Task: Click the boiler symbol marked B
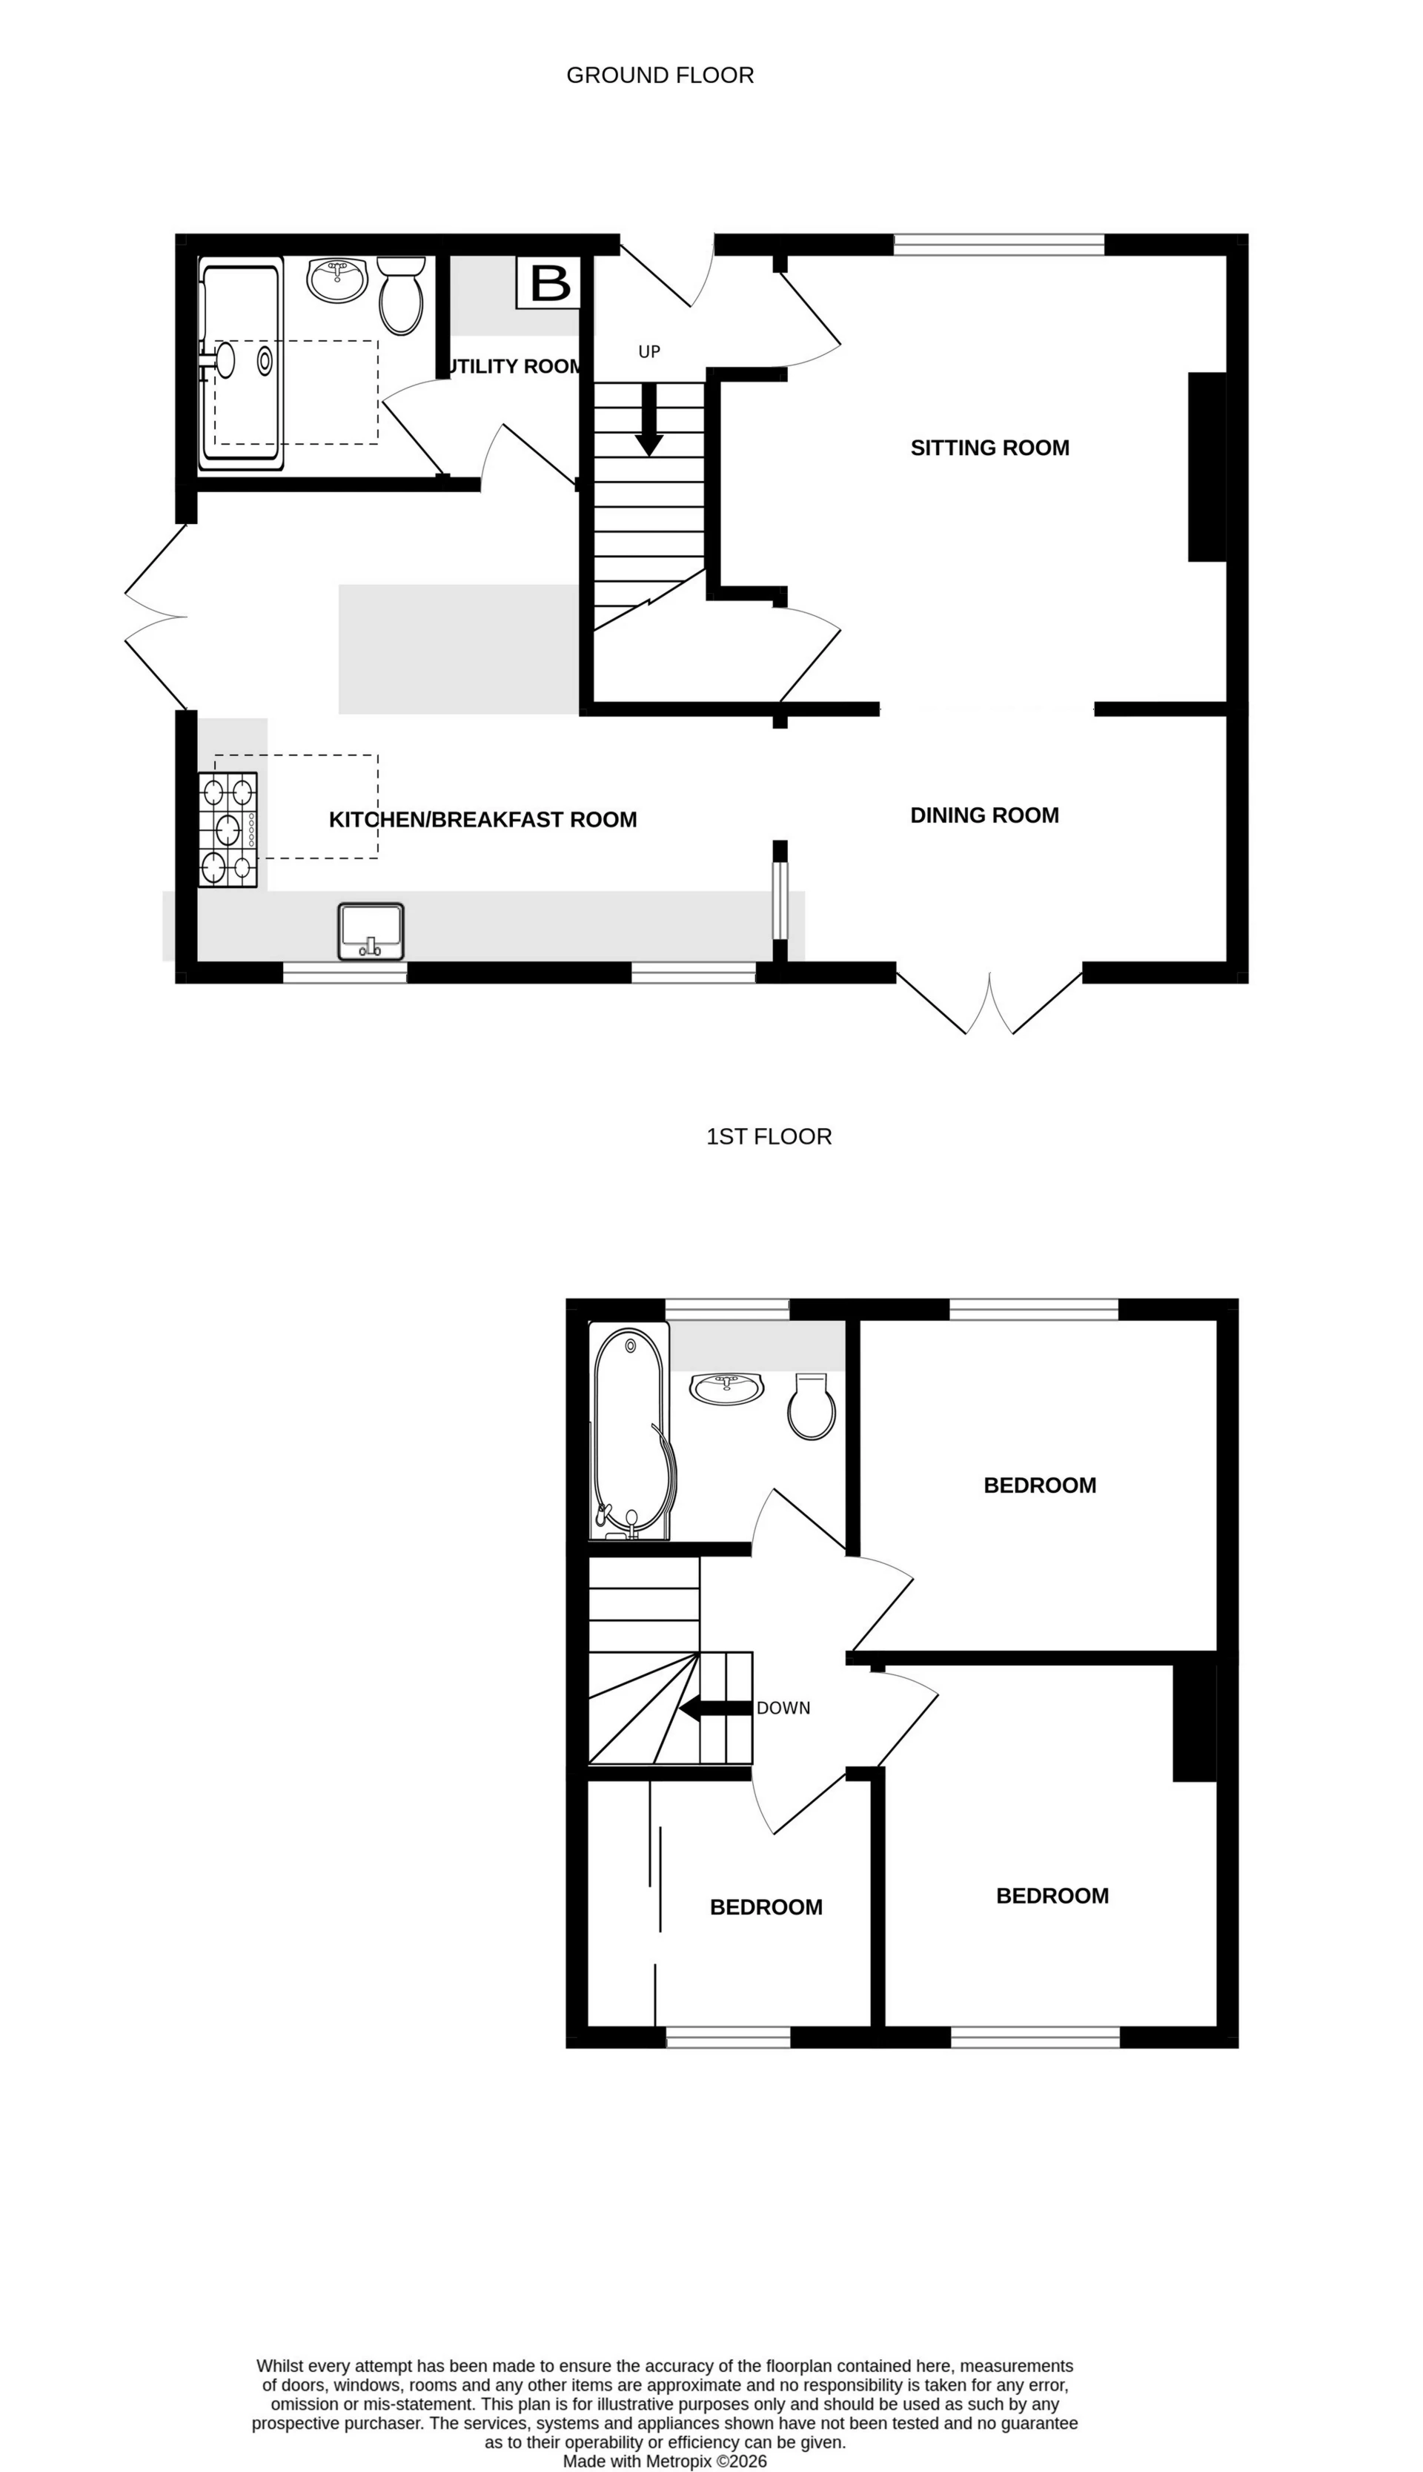tap(548, 282)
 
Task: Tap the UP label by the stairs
tap(649, 352)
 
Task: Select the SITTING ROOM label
tap(989, 448)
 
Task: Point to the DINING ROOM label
tap(984, 815)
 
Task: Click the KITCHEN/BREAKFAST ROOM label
tap(482, 819)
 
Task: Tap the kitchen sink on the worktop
tap(371, 930)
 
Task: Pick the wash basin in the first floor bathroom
tap(726, 1388)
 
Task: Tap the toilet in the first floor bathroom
tap(812, 1408)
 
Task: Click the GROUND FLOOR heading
tap(660, 76)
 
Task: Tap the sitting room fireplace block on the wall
tap(1207, 467)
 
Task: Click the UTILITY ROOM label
tap(515, 367)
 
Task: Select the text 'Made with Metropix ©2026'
tap(665, 2461)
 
